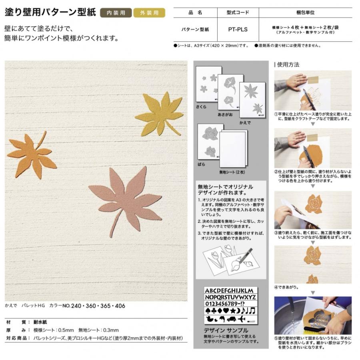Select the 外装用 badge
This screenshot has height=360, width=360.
click(x=149, y=13)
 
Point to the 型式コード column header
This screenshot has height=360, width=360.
click(x=238, y=13)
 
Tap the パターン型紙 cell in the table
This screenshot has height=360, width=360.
click(x=195, y=30)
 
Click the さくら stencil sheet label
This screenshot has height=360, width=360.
click(x=201, y=107)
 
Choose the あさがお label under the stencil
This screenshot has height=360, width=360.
click(x=225, y=115)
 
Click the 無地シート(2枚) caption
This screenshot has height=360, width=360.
click(x=232, y=172)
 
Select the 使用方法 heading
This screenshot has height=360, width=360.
click(x=288, y=64)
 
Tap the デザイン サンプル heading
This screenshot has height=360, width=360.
click(x=226, y=330)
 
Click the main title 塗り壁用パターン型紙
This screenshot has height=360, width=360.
click(x=50, y=12)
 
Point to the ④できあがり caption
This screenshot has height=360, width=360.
click(x=286, y=287)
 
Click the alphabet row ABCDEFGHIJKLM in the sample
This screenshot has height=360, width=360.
click(x=229, y=290)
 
